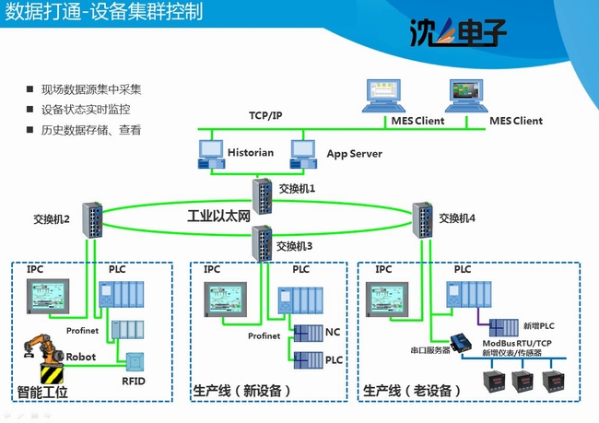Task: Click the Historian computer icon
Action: pyautogui.click(x=211, y=156)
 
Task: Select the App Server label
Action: pyautogui.click(x=354, y=153)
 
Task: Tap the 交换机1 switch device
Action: pyautogui.click(x=263, y=194)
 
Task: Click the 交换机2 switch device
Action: pyautogui.click(x=93, y=218)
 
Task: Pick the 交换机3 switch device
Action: pyautogui.click(x=263, y=245)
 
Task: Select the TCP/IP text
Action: pyautogui.click(x=265, y=116)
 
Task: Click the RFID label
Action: pyautogui.click(x=134, y=381)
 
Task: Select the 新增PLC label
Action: pyautogui.click(x=538, y=326)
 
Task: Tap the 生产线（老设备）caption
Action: pyautogui.click(x=412, y=391)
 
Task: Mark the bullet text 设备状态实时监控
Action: pyautogui.click(x=86, y=110)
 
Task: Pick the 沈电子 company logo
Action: pyautogui.click(x=457, y=34)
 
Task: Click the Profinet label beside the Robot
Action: pyautogui.click(x=82, y=330)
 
